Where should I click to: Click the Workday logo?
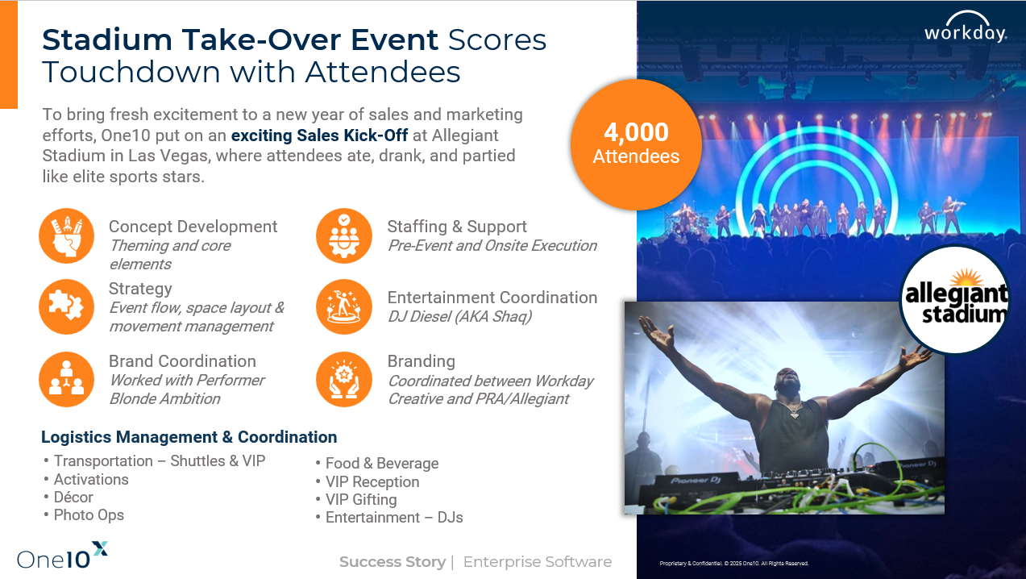[965, 28]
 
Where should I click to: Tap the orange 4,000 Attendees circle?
[636, 144]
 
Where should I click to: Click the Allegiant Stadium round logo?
[955, 302]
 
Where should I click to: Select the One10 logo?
[62, 556]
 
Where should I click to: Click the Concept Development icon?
[66, 235]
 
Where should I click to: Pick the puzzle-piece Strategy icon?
[66, 307]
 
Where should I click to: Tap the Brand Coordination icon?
[66, 379]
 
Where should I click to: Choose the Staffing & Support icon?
[344, 235]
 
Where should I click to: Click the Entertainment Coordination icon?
[344, 307]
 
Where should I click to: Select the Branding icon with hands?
[344, 379]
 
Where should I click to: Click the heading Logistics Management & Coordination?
[189, 437]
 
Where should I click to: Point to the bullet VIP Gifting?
[361, 499]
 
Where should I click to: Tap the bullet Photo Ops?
[89, 514]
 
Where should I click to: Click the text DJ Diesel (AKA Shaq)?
[459, 316]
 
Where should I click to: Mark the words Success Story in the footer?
[393, 561]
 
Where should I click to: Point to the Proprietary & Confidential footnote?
[733, 564]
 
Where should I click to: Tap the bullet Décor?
[73, 497]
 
